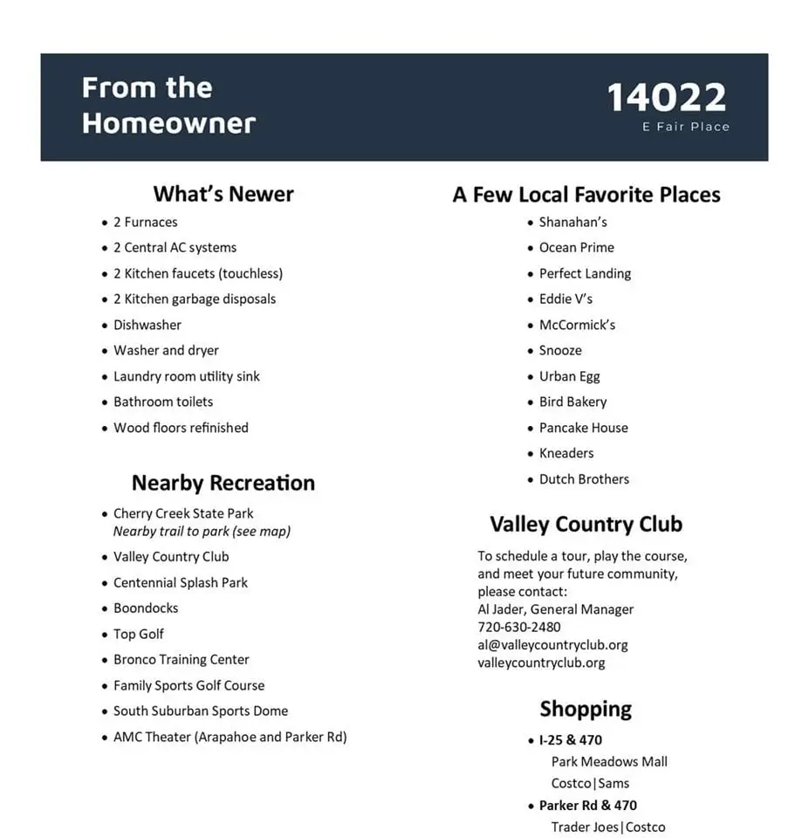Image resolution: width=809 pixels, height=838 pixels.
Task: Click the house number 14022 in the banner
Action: (x=666, y=97)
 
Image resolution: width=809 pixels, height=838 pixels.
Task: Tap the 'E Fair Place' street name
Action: (x=685, y=127)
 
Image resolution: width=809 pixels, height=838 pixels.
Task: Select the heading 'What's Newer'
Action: (x=223, y=194)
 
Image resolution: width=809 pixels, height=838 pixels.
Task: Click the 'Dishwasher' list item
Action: (x=147, y=325)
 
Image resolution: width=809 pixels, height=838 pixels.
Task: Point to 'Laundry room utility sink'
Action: (x=187, y=376)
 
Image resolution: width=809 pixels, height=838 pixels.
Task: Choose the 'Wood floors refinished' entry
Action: (x=181, y=428)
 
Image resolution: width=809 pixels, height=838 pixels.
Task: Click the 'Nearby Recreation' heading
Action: (x=223, y=483)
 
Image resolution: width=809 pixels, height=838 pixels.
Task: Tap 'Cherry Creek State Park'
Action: (x=183, y=513)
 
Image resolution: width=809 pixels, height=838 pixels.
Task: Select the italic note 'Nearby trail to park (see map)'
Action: (x=202, y=531)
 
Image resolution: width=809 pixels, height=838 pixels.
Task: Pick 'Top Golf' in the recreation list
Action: (x=139, y=634)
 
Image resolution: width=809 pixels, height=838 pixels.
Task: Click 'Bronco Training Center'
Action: (x=182, y=659)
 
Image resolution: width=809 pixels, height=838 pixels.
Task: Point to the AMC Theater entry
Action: (x=230, y=737)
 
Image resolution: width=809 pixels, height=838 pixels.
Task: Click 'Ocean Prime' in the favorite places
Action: (x=577, y=247)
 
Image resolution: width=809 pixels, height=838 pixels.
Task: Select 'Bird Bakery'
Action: (x=572, y=402)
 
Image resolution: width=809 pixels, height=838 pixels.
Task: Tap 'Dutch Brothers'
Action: (x=584, y=479)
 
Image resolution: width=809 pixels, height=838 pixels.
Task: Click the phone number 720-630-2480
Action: (x=519, y=627)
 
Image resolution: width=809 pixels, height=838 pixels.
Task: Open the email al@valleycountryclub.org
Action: (x=552, y=645)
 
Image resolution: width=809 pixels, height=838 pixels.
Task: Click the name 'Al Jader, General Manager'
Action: (x=556, y=609)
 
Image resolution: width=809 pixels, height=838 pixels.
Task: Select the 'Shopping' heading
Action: (x=586, y=709)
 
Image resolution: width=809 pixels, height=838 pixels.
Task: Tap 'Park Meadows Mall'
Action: (x=609, y=761)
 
